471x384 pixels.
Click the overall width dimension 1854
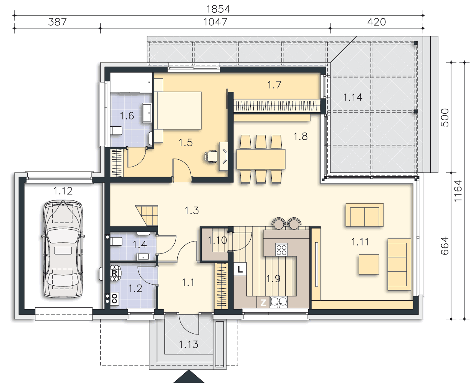[218, 9]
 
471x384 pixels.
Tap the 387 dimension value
[58, 22]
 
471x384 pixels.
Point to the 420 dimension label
[377, 22]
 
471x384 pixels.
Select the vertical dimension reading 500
[445, 118]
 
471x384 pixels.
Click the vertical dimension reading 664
[445, 246]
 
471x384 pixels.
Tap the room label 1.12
[63, 191]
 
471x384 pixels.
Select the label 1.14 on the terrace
[353, 97]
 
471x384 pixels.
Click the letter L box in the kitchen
[240, 269]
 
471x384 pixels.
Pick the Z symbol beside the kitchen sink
[263, 302]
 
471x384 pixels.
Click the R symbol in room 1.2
[114, 273]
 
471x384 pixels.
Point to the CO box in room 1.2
[114, 299]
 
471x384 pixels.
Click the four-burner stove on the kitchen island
[281, 250]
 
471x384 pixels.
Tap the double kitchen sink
[279, 302]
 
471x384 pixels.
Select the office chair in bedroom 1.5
[211, 156]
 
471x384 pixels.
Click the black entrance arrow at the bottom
[189, 377]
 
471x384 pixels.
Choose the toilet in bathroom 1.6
[116, 131]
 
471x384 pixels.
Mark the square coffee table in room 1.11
[369, 264]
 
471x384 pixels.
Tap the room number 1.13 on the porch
[188, 344]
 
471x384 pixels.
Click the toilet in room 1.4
[116, 241]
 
